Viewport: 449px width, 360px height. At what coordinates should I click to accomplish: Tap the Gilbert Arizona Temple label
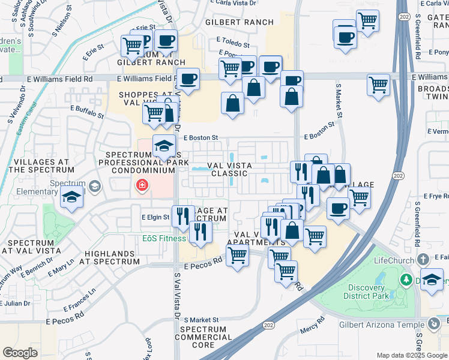coord(390,324)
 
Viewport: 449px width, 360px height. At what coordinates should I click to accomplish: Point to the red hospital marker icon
coord(142,185)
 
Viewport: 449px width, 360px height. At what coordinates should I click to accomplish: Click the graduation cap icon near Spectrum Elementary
coord(71,197)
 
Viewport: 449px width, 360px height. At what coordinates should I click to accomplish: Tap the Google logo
coord(20,352)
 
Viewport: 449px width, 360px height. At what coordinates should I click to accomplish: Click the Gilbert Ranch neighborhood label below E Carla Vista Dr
coord(239,22)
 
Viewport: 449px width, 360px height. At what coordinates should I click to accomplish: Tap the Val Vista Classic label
coord(228,169)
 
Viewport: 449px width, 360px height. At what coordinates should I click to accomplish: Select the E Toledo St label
coord(233,43)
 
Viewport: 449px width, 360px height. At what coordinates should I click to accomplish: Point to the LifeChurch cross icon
coord(424,259)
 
